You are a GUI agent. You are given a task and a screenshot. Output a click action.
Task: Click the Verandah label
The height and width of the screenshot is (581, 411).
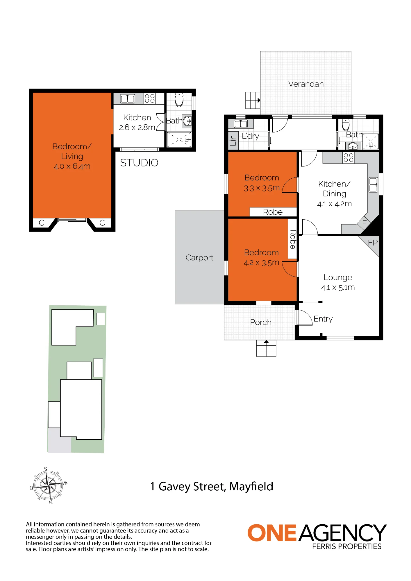click(306, 84)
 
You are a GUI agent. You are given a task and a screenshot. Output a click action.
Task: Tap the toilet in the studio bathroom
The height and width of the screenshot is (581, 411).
click(179, 99)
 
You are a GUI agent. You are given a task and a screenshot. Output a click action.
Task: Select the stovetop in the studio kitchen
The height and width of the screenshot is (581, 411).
click(150, 98)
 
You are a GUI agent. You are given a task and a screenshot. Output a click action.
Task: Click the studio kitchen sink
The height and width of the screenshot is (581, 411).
click(128, 99)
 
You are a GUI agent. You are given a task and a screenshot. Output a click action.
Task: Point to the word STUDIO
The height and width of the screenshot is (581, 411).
click(139, 163)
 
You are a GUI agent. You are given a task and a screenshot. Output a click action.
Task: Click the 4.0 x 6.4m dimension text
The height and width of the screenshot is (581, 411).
click(72, 166)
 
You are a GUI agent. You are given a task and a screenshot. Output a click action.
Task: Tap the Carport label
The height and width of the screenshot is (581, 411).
click(199, 258)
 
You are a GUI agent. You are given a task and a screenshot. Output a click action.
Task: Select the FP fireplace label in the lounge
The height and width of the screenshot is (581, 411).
click(373, 243)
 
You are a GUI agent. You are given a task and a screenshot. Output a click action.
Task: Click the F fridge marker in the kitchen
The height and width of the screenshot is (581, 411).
click(364, 223)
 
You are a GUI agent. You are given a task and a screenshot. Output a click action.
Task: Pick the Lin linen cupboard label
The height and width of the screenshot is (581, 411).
click(233, 141)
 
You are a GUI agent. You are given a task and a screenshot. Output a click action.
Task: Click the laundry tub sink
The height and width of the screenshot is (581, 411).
click(241, 124)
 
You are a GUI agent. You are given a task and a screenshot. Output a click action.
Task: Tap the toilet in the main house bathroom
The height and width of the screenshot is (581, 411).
click(346, 124)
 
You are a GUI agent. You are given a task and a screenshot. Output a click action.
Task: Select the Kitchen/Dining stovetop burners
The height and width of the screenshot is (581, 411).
click(348, 157)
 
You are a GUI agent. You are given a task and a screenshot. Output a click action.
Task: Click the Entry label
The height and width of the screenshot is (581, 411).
click(323, 319)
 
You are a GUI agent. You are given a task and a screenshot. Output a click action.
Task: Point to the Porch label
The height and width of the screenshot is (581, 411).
click(261, 322)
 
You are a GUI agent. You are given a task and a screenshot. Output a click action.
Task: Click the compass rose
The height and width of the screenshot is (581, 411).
click(49, 485)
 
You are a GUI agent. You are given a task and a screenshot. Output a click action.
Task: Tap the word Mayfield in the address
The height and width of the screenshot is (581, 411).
click(251, 487)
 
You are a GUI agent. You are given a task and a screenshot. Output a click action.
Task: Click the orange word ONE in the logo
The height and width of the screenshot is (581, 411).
click(272, 533)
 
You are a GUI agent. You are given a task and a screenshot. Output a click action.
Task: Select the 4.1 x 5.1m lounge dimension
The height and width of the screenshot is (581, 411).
click(338, 288)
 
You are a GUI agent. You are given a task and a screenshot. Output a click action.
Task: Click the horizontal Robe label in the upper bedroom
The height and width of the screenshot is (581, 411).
click(273, 212)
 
